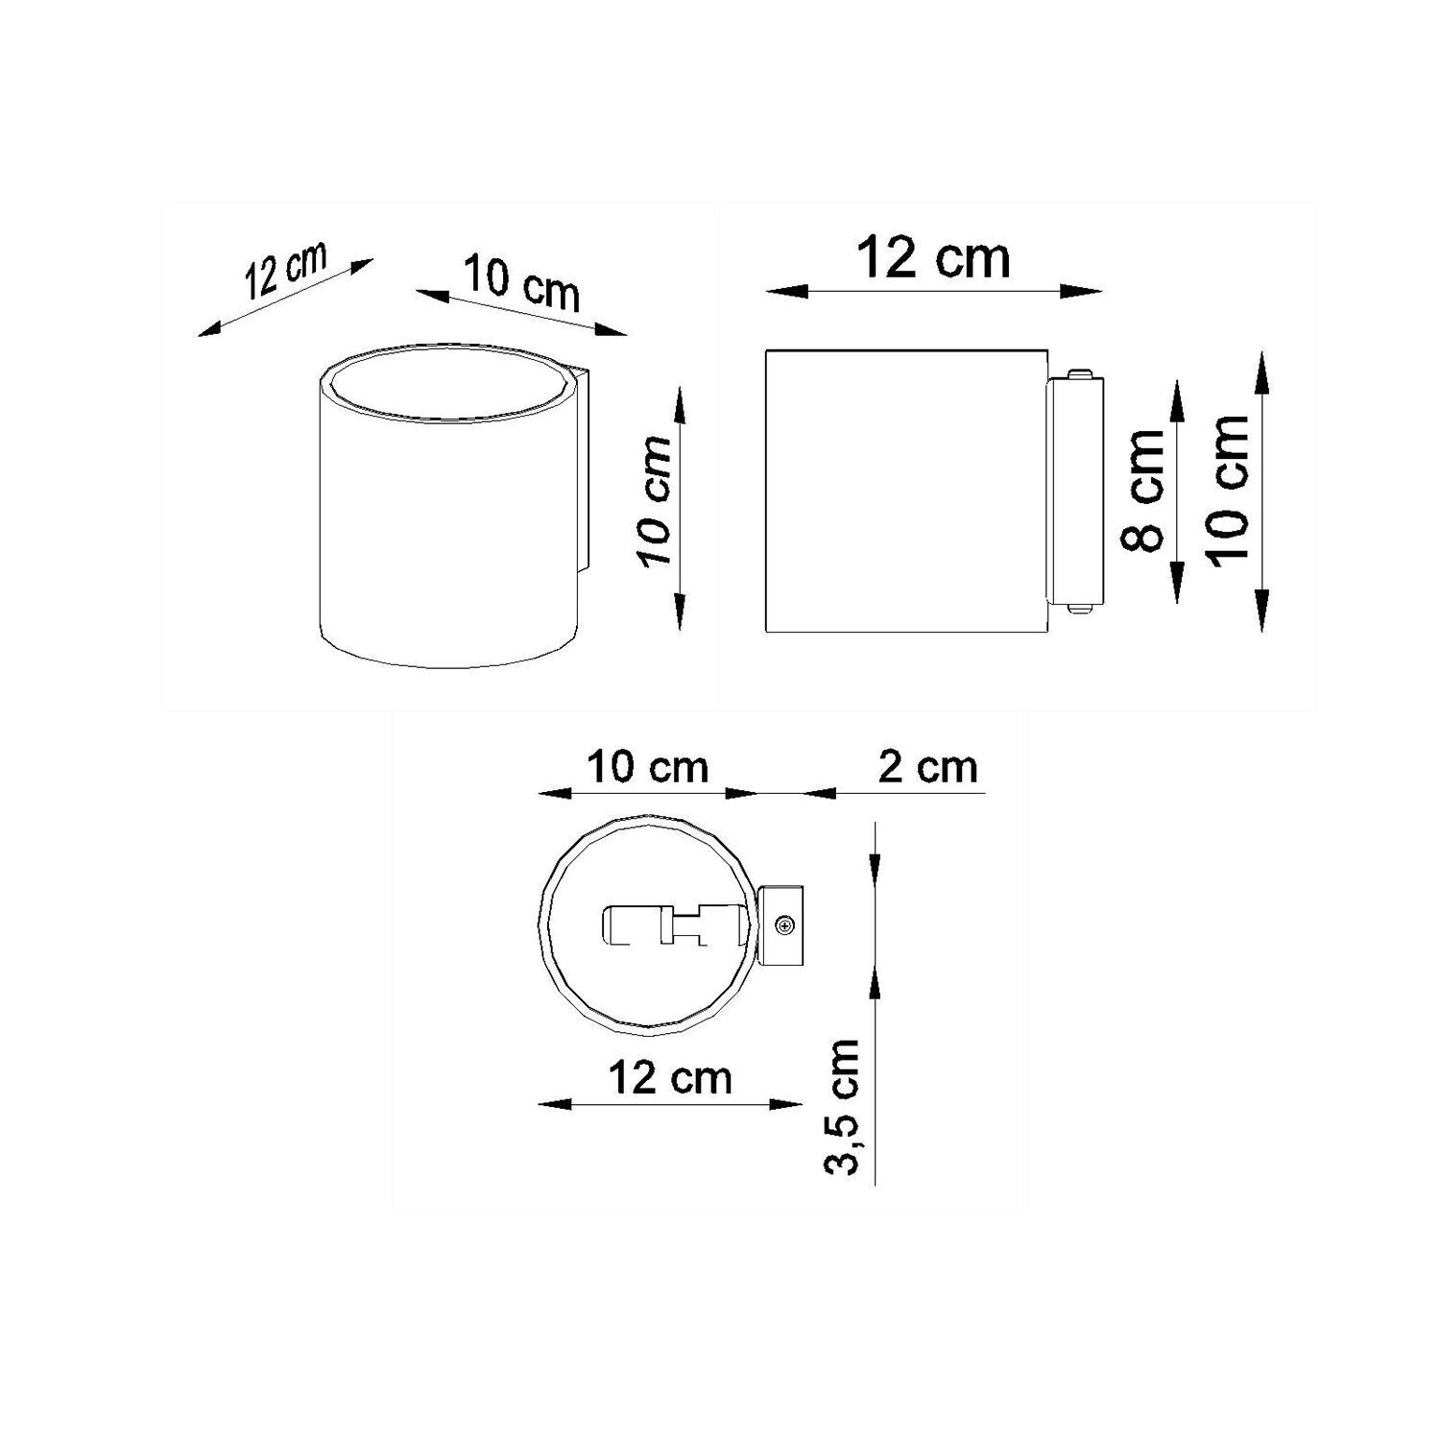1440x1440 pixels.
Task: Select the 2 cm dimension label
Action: tap(927, 767)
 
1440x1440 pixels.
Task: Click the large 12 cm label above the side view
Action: tap(933, 258)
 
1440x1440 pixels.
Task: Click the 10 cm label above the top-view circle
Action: tap(648, 767)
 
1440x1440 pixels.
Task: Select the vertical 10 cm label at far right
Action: tap(1231, 490)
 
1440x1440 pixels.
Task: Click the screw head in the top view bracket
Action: tap(785, 925)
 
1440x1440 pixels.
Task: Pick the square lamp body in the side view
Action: tap(904, 491)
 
